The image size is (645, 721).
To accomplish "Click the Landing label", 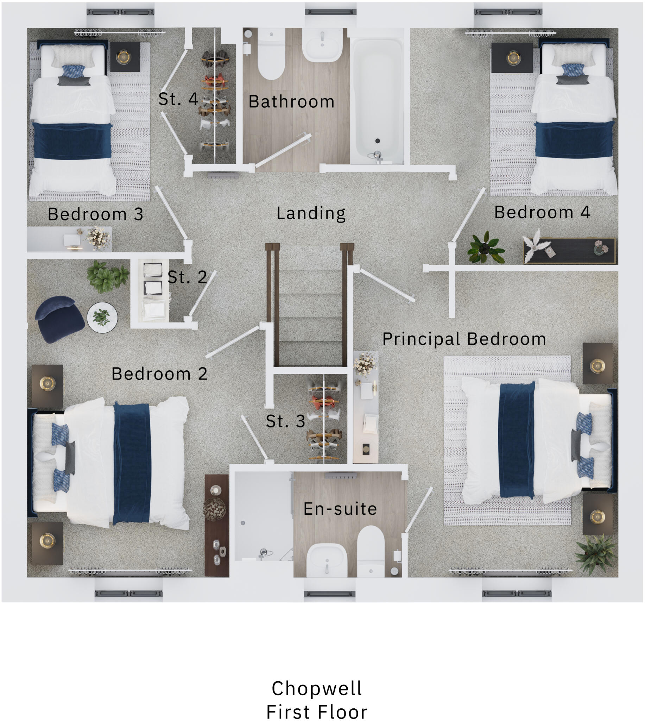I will [311, 213].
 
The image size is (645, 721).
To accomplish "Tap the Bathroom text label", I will [291, 102].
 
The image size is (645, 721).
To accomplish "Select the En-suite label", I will [340, 509].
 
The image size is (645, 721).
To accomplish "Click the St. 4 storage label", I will [178, 99].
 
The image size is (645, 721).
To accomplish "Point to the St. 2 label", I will [187, 277].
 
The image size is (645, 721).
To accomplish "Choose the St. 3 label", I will [285, 421].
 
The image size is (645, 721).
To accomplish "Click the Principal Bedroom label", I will [464, 339].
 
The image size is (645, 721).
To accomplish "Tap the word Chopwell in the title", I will [316, 688].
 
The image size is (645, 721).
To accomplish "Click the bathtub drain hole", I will [378, 141].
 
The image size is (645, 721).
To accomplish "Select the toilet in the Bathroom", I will [271, 57].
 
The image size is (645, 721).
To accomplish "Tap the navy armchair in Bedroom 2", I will [59, 319].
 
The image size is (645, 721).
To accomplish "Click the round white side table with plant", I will [102, 317].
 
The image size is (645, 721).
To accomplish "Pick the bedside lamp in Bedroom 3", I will [124, 57].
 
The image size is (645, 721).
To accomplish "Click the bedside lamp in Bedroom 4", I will [513, 58].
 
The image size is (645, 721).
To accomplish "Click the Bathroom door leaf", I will [283, 151].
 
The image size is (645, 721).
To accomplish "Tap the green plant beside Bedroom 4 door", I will [486, 248].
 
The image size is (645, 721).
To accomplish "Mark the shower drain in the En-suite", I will [243, 523].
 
